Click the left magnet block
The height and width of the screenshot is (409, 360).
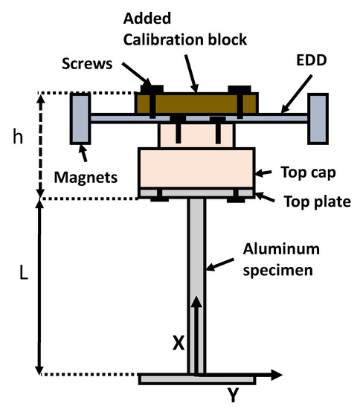(80, 118)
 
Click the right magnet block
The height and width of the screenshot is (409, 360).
(318, 118)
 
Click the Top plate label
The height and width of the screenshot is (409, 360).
(312, 201)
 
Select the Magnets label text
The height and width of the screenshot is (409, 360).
(86, 178)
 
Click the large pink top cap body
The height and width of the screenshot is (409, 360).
(196, 167)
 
